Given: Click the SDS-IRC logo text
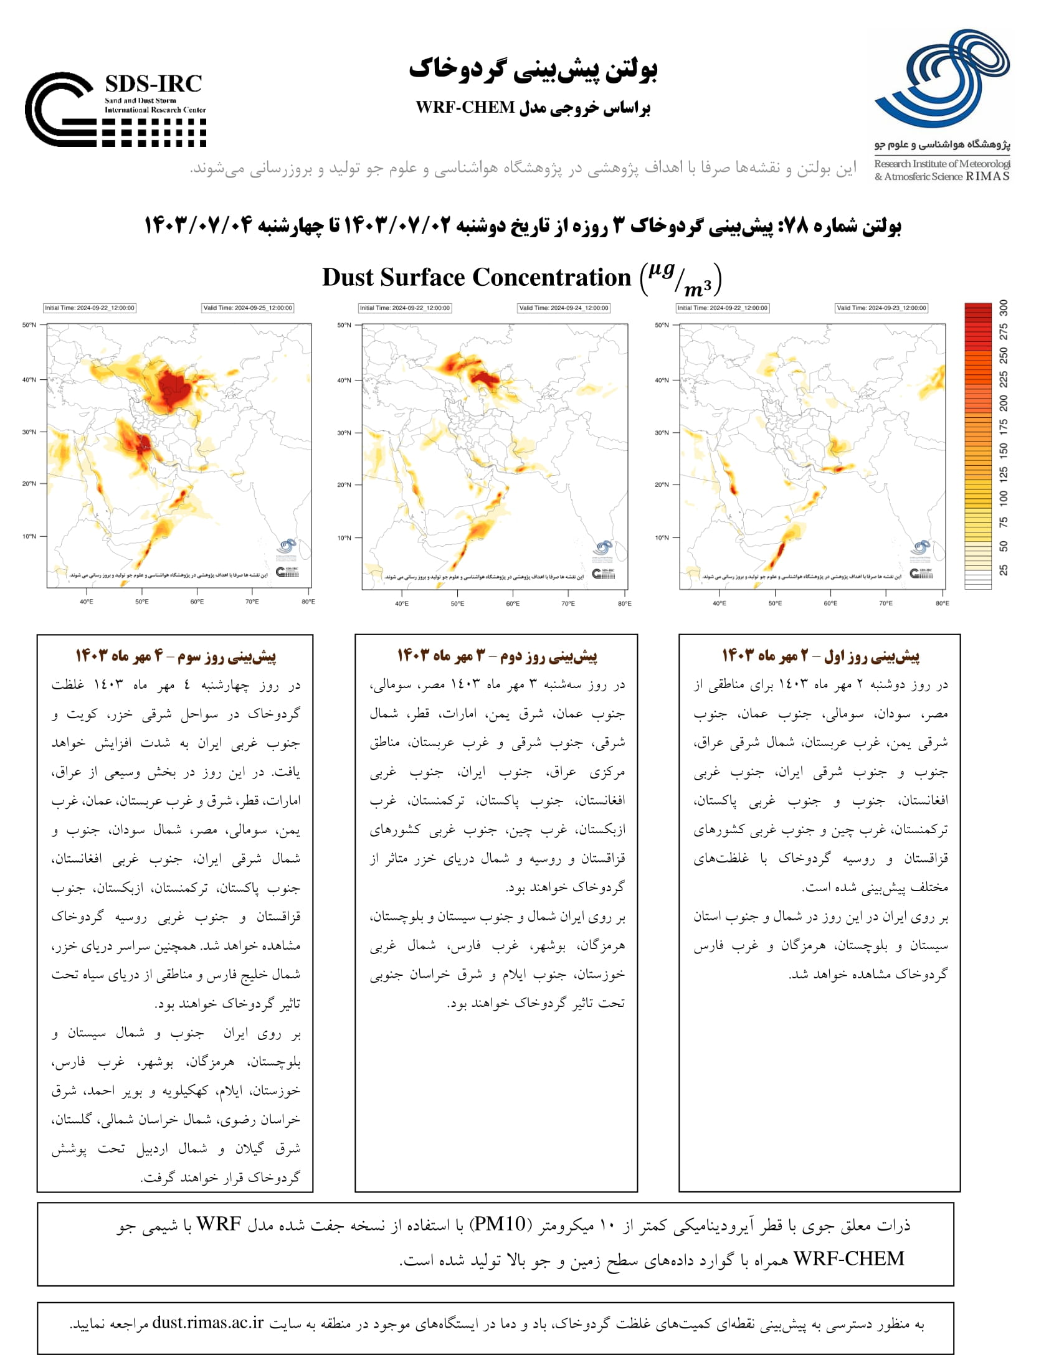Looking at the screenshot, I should pyautogui.click(x=153, y=84).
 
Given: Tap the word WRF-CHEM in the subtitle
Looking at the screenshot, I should pyautogui.click(x=465, y=107).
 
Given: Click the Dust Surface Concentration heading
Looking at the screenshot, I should pyautogui.click(x=476, y=277).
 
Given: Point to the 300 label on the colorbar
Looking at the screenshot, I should pyautogui.click(x=1004, y=308).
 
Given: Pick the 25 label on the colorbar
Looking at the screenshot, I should pyautogui.click(x=1004, y=570).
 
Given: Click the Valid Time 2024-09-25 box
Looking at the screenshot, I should pyautogui.click(x=247, y=308).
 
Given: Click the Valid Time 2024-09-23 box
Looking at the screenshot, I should pyautogui.click(x=881, y=308).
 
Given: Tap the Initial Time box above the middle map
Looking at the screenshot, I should pyautogui.click(x=404, y=308).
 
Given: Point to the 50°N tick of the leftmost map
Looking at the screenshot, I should pyautogui.click(x=29, y=325).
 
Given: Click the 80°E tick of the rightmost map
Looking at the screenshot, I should pyautogui.click(x=943, y=603).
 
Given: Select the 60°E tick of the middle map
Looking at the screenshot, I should pyautogui.click(x=513, y=603).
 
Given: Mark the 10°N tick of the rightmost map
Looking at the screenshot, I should pyautogui.click(x=662, y=537).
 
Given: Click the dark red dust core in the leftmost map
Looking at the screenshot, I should pyautogui.click(x=173, y=389).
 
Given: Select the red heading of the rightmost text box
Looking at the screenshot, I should pyautogui.click(x=820, y=656).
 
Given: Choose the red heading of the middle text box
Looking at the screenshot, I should pyautogui.click(x=497, y=656).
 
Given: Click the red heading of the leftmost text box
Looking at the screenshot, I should pyautogui.click(x=176, y=656).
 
